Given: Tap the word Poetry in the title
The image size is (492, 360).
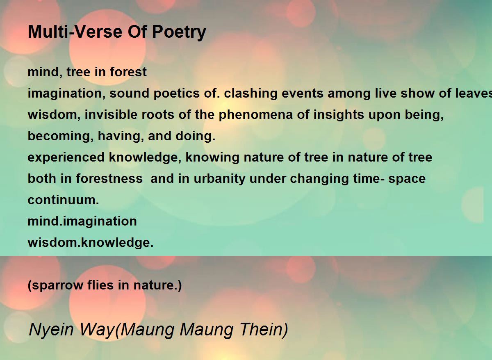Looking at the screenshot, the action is coord(179,33).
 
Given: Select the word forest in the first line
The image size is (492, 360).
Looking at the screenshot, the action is coord(128,72).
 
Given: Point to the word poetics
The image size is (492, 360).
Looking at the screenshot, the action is coord(176,93).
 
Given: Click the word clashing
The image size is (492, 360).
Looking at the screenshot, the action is coord(251,93).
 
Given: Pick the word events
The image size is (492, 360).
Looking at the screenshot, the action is coord(302,93).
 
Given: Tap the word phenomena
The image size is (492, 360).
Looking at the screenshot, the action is coord(256,115).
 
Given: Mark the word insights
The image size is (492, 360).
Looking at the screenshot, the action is coord(339,115).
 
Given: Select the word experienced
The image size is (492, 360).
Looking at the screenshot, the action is coord(66,158).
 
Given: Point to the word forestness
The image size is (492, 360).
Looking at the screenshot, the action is coord(109,178).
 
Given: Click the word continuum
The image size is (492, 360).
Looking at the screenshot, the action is coord(63,200).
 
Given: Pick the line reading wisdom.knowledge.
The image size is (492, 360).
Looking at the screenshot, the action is coord(91,242).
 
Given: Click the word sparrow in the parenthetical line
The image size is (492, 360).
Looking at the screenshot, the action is coord(56,285).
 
